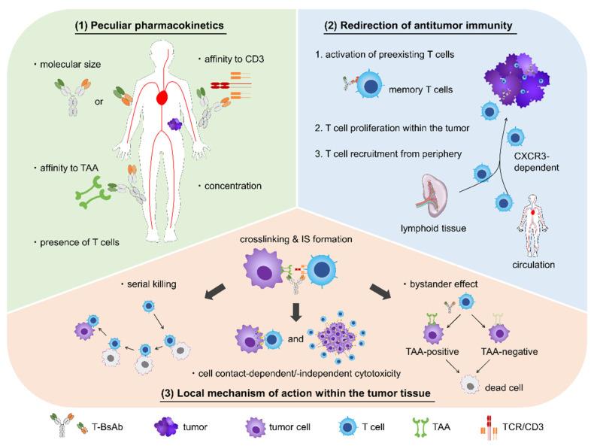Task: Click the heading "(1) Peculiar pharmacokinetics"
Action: click(x=150, y=26)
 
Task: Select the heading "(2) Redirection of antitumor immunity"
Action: click(x=419, y=26)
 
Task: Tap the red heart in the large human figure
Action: click(x=162, y=97)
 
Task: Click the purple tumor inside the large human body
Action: click(x=174, y=124)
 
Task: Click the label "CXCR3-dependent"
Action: click(x=536, y=162)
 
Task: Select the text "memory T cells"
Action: click(x=420, y=90)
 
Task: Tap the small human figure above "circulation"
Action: click(x=533, y=225)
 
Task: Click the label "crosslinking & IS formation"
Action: click(x=295, y=239)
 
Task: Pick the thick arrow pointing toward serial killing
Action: click(x=215, y=291)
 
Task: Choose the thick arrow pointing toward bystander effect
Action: click(x=380, y=291)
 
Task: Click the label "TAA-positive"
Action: click(x=432, y=352)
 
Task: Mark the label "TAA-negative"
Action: click(x=509, y=352)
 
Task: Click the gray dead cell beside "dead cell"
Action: click(x=470, y=385)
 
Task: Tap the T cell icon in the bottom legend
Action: click(x=348, y=427)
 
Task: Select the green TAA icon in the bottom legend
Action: click(x=421, y=427)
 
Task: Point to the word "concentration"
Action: click(x=233, y=186)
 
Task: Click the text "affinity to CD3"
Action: click(x=234, y=59)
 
